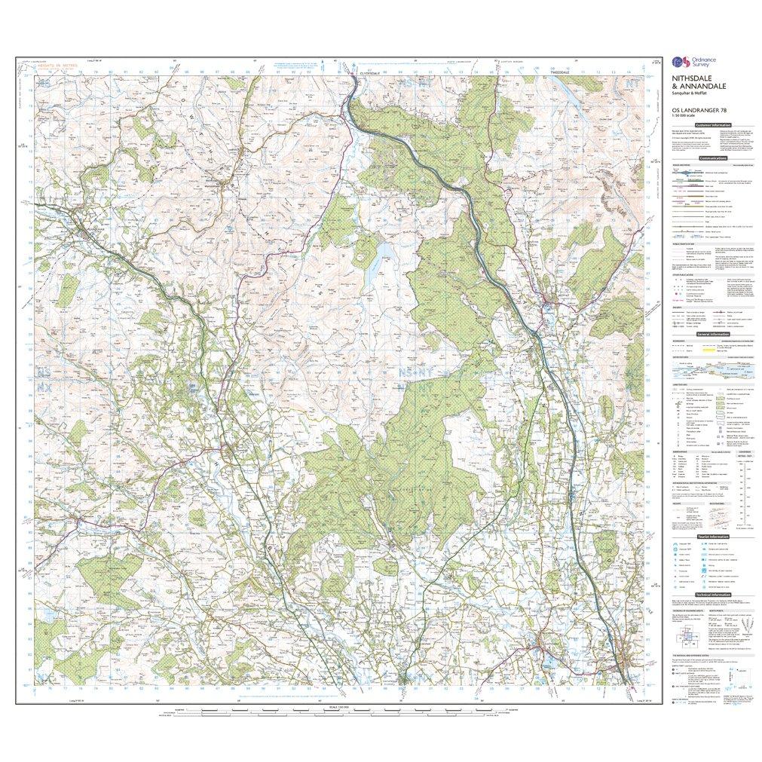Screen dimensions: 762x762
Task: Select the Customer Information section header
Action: coord(712,125)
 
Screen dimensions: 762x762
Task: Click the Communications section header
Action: coord(712,158)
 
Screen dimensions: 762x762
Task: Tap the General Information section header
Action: coord(712,334)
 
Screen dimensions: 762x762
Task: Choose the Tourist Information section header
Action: coord(712,536)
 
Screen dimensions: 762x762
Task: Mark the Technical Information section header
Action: coord(712,595)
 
